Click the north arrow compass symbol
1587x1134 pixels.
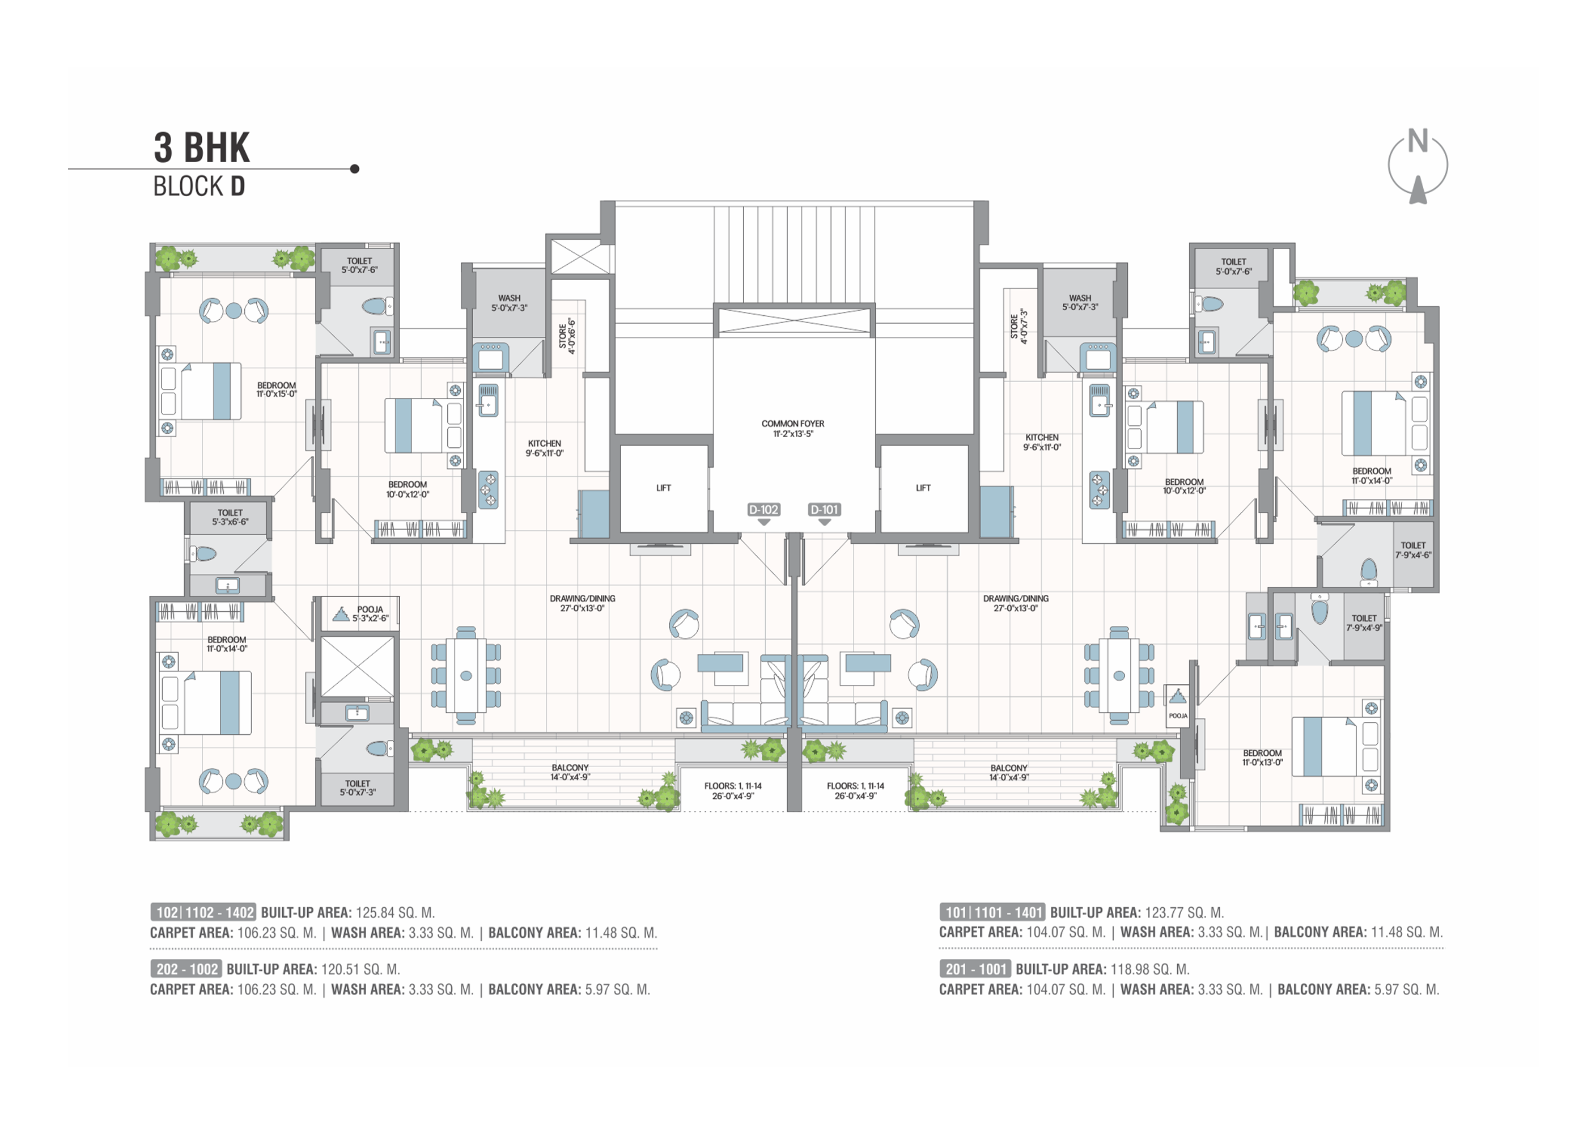tap(1417, 166)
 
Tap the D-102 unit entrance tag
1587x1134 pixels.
tap(763, 510)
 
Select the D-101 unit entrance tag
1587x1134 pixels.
tap(824, 510)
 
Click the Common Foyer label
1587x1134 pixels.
tap(793, 429)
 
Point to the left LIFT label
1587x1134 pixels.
tap(663, 488)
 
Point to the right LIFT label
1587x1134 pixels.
tap(923, 488)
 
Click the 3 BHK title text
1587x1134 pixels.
tap(202, 147)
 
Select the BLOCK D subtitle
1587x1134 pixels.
tap(199, 187)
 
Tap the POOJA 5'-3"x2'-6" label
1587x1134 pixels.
tap(370, 614)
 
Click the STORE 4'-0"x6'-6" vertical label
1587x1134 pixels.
tap(567, 336)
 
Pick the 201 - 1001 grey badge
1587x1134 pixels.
tap(975, 969)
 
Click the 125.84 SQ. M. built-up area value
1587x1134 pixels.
tap(395, 913)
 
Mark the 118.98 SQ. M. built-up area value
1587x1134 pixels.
tap(1150, 969)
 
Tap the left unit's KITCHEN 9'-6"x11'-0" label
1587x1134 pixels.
tap(544, 448)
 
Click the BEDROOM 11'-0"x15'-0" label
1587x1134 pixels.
tap(277, 390)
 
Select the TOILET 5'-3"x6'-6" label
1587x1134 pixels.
tap(230, 518)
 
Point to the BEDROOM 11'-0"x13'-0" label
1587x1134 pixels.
tap(1262, 758)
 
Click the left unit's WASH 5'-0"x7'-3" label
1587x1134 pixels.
tap(510, 303)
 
